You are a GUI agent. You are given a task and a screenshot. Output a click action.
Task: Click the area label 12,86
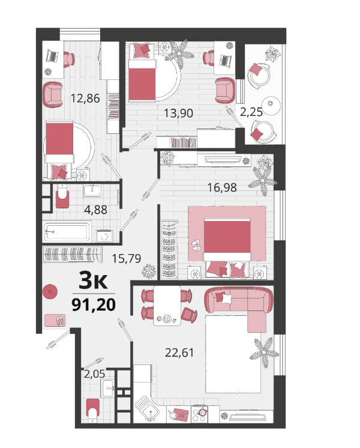click(x=85, y=98)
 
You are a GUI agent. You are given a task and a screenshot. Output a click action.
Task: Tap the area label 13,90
click(x=178, y=114)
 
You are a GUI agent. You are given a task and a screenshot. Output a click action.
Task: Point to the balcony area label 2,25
click(x=251, y=112)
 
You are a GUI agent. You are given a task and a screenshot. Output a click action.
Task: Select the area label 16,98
click(x=222, y=188)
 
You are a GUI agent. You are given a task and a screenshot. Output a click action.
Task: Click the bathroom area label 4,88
click(x=95, y=210)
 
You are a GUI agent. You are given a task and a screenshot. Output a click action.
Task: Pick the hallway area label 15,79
click(x=126, y=259)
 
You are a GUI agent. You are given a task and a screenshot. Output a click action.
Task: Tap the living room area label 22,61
click(x=179, y=353)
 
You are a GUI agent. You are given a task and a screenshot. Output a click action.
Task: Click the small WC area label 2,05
click(x=94, y=374)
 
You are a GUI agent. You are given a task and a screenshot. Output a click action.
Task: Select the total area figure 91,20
click(x=94, y=304)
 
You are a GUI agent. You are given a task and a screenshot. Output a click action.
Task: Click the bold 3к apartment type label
click(x=93, y=281)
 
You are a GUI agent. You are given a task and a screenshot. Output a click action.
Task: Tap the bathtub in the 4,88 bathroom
click(x=67, y=231)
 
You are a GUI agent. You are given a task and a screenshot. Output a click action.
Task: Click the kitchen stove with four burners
click(x=199, y=414)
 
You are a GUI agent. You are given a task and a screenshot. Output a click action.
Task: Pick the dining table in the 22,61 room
click(x=167, y=306)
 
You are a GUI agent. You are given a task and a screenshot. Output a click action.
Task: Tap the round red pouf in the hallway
click(x=50, y=292)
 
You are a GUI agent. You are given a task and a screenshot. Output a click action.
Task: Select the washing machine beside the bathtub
click(x=104, y=236)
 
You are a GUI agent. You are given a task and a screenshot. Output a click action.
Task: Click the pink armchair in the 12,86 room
click(x=53, y=94)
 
